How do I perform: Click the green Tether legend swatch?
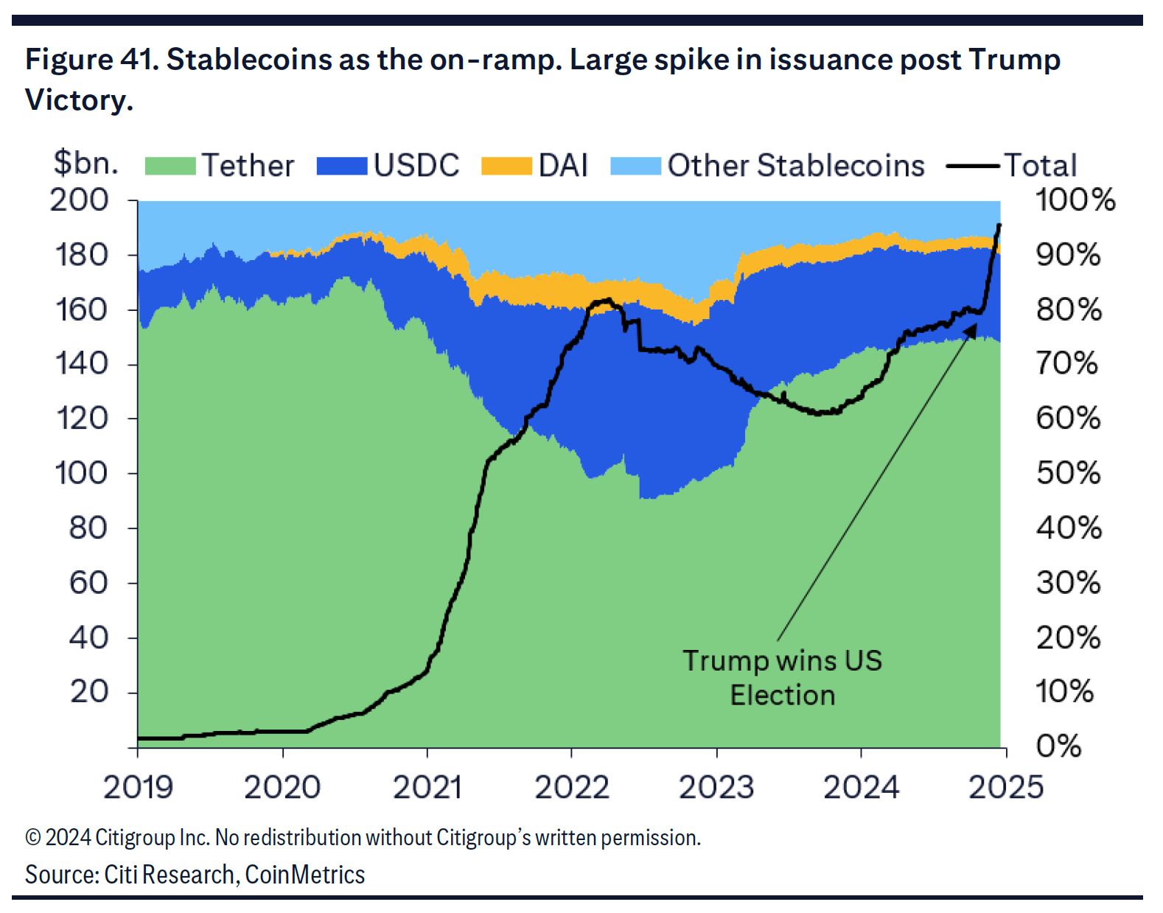[170, 166]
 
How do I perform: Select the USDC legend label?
[416, 166]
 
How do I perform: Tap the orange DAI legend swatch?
[506, 166]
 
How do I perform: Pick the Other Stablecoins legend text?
[796, 166]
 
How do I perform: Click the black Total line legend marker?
[973, 166]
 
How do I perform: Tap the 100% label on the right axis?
[1075, 200]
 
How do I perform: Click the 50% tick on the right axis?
[1068, 473]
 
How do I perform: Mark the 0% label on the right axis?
[1059, 746]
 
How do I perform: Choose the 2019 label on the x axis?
[138, 788]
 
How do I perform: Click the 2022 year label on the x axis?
[572, 788]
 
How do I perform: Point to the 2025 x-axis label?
[1006, 788]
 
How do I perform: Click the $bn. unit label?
[85, 163]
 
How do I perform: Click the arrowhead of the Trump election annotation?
[971, 330]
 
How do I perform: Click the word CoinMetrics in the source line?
[305, 875]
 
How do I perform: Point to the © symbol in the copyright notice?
[32, 839]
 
